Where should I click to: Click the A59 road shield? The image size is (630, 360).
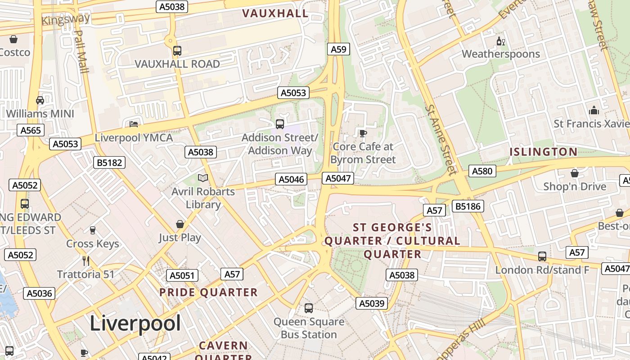tap(338, 49)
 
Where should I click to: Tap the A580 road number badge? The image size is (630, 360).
tap(482, 171)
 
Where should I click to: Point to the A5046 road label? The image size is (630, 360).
tap(292, 179)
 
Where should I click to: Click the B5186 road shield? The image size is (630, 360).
tap(468, 206)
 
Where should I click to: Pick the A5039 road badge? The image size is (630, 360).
tap(371, 303)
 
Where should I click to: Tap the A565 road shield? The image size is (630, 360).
tap(31, 130)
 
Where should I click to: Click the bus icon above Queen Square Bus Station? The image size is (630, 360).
tap(309, 308)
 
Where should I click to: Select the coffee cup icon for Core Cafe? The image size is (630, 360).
tap(363, 133)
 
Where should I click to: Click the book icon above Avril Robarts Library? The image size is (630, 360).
tap(203, 178)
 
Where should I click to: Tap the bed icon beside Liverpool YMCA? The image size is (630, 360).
tap(134, 124)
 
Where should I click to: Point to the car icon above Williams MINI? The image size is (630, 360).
tap(40, 100)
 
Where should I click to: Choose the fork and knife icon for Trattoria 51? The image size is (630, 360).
tap(86, 261)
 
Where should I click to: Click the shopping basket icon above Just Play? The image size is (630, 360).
tap(180, 224)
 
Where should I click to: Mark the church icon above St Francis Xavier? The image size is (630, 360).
tap(594, 110)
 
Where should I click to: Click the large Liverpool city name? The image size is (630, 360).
tap(135, 323)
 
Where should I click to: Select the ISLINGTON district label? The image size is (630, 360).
tap(543, 152)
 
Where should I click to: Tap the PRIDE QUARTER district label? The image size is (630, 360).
tap(208, 292)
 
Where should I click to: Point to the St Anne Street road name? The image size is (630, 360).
tap(440, 139)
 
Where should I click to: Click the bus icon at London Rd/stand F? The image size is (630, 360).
tap(542, 256)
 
